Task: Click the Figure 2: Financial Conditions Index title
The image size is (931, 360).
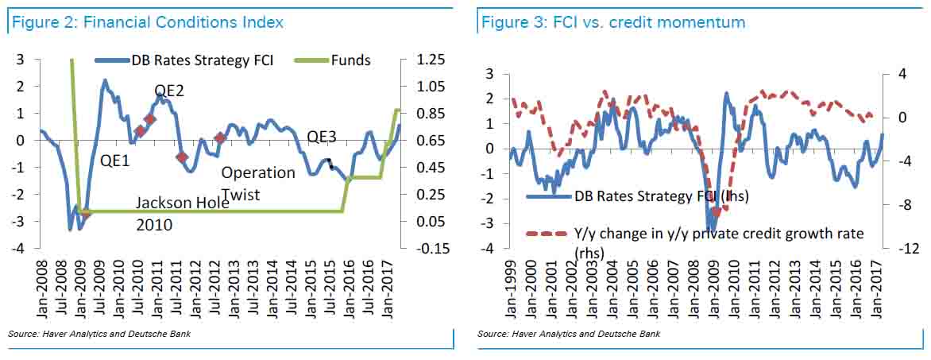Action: coord(146,22)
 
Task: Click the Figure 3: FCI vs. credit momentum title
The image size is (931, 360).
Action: coord(613,22)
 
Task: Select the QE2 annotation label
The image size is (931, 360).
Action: coord(169,91)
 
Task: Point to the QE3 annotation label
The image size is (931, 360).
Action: coord(322,137)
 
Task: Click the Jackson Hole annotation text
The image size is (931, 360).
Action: coord(182,203)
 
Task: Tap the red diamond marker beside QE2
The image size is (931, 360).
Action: coord(149,119)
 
